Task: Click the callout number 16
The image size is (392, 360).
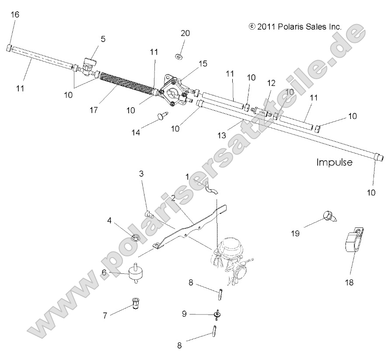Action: tap(15, 15)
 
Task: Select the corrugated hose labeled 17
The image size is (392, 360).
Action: tap(125, 83)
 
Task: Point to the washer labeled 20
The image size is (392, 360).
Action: tap(178, 56)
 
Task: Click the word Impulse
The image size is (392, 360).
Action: tap(334, 162)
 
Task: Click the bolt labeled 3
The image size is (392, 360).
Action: tap(148, 214)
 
